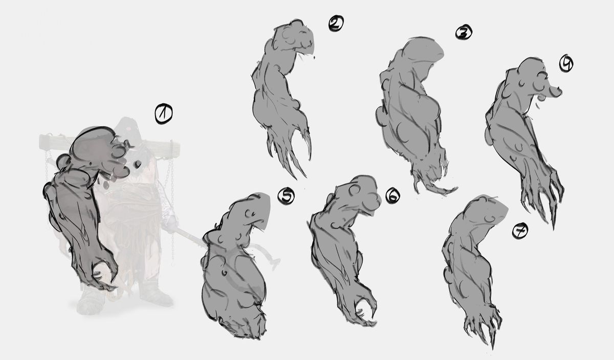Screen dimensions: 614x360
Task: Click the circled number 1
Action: click(164, 114)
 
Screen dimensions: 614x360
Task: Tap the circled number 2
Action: click(336, 24)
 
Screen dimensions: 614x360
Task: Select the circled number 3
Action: click(464, 32)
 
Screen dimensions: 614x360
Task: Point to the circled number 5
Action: click(286, 196)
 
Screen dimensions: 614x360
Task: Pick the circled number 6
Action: click(392, 195)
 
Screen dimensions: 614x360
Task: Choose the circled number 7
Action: click(520, 231)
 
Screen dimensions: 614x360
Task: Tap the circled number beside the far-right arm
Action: click(566, 63)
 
